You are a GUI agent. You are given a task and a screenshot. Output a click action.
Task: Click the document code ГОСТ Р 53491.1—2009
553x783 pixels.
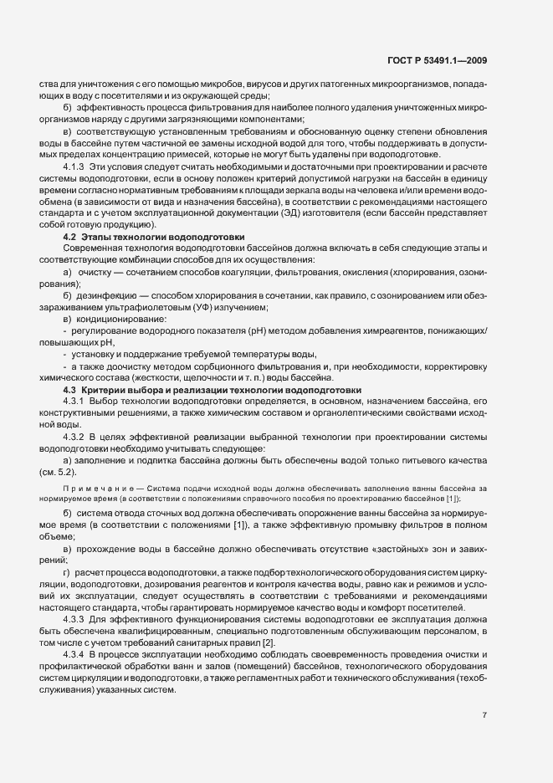[x=439, y=60]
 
